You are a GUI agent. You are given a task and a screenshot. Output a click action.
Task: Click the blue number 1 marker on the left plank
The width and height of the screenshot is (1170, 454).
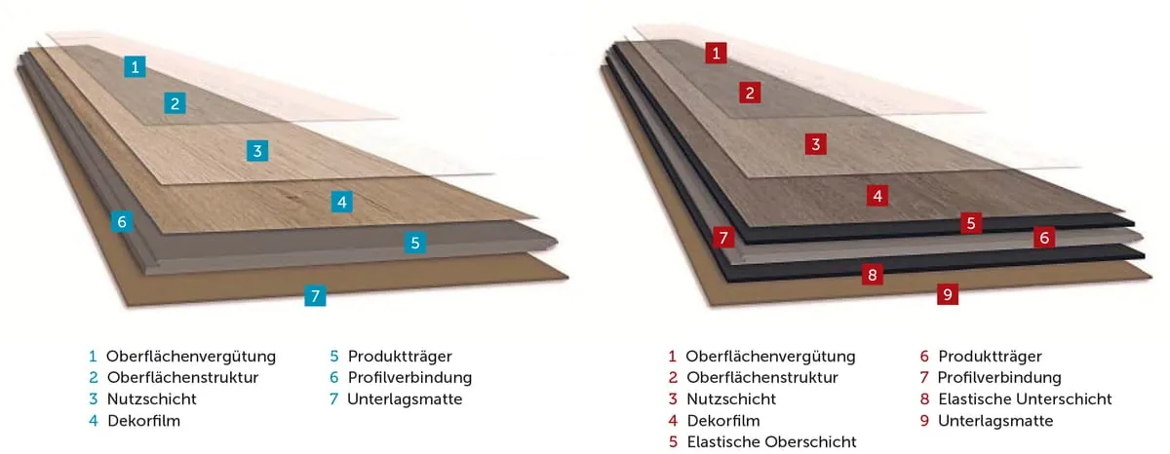pyautogui.click(x=136, y=67)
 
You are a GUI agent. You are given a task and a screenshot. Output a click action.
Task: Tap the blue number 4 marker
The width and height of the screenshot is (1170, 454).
pyautogui.click(x=340, y=202)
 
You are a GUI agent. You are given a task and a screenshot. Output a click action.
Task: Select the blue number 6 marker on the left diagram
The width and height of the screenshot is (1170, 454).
pyautogui.click(x=122, y=222)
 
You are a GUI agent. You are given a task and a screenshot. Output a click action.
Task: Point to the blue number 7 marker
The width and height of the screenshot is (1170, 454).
pyautogui.click(x=314, y=295)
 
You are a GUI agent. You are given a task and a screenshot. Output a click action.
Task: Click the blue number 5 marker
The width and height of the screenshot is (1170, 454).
pyautogui.click(x=415, y=244)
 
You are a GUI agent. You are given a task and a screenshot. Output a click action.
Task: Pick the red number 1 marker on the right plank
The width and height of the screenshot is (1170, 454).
pyautogui.click(x=717, y=53)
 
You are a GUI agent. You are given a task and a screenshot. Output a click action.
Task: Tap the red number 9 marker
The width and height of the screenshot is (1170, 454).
pyautogui.click(x=947, y=293)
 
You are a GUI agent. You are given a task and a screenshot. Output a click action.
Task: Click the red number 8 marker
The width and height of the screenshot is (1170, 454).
pyautogui.click(x=873, y=275)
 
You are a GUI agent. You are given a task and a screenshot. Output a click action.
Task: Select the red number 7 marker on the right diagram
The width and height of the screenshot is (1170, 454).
pyautogui.click(x=722, y=237)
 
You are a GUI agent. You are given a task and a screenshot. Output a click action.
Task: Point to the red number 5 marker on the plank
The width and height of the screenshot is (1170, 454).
pyautogui.click(x=970, y=223)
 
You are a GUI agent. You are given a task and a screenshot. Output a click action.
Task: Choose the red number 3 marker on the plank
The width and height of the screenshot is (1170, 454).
pyautogui.click(x=817, y=144)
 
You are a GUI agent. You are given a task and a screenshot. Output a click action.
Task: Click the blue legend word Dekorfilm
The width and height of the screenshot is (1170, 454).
pyautogui.click(x=143, y=421)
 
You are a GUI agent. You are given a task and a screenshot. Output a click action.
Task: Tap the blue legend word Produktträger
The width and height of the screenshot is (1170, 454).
pyautogui.click(x=400, y=357)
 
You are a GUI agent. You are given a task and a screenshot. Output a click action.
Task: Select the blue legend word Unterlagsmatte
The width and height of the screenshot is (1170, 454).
pyautogui.click(x=405, y=399)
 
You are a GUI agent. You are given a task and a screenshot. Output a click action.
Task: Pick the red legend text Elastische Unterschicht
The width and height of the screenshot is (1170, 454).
pyautogui.click(x=1025, y=399)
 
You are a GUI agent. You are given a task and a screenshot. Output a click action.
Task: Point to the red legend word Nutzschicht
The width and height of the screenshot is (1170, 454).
pyautogui.click(x=731, y=399)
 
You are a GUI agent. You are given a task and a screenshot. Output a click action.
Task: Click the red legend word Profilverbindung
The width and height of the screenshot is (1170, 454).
pyautogui.click(x=999, y=378)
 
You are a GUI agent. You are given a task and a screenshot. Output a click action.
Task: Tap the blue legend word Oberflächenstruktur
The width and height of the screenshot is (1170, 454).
pyautogui.click(x=182, y=378)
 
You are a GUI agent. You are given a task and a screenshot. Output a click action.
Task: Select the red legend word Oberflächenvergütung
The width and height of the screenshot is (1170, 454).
pyautogui.click(x=770, y=357)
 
